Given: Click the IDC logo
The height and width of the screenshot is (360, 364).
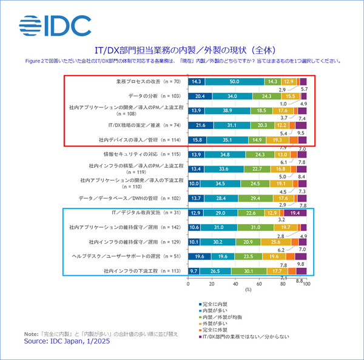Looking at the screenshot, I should (55, 25).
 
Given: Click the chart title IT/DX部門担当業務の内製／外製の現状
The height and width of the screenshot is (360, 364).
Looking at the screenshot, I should (182, 50).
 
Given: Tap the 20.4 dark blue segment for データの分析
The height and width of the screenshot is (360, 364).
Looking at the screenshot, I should (200, 96).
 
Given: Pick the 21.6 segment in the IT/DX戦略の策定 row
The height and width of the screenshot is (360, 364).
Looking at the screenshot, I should (200, 125).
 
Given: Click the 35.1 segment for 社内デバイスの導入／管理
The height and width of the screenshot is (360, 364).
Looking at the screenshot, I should (227, 140).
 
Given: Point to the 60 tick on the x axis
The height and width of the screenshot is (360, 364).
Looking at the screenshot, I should (259, 284).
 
